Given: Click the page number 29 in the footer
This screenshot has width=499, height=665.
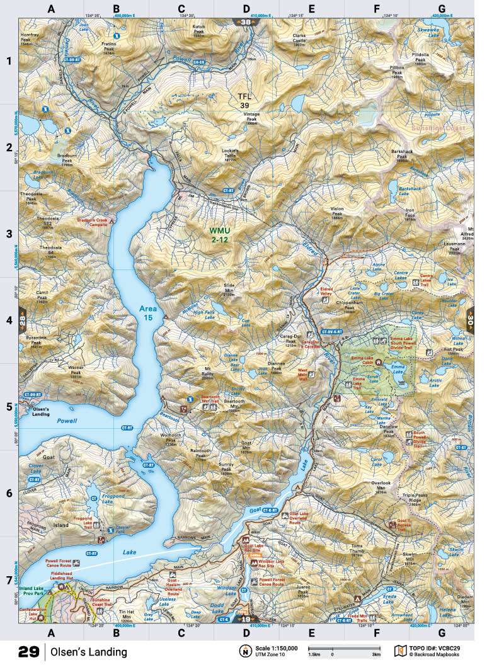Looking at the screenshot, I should tap(30, 652).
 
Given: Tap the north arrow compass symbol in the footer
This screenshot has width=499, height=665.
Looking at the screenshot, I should tap(243, 651).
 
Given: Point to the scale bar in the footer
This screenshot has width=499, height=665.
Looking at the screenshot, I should tap(343, 648).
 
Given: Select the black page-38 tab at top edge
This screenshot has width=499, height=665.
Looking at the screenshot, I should tap(246, 22).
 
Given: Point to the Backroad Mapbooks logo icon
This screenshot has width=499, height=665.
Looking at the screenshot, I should tap(399, 650).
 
